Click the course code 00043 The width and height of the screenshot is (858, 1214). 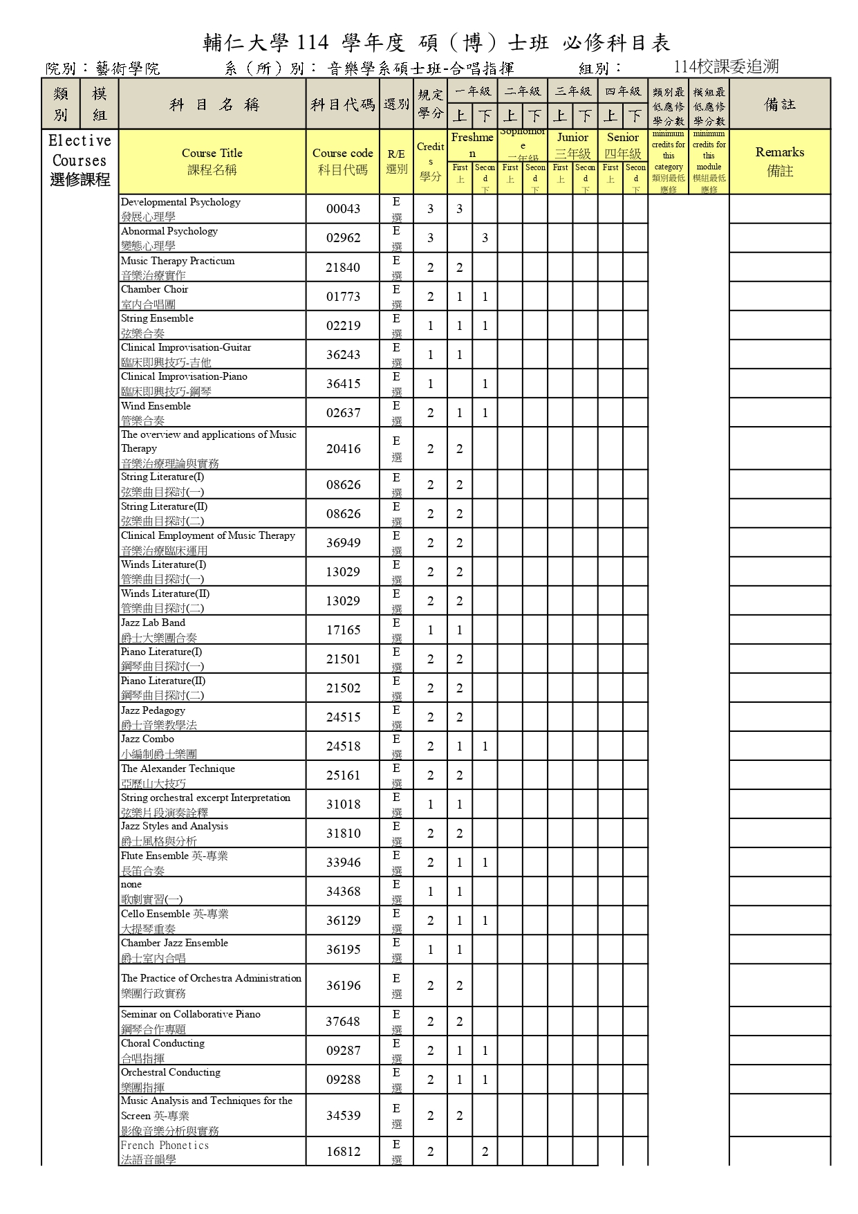coord(343,209)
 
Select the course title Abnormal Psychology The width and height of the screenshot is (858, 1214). coord(169,232)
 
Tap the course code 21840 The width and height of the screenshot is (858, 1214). coord(343,268)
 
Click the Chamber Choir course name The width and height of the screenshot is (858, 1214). coord(155,290)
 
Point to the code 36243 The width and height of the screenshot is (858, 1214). coord(343,355)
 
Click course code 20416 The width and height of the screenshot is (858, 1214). coord(343,449)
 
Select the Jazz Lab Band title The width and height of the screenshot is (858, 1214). coord(153,623)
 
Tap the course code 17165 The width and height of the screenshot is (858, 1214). coord(343,630)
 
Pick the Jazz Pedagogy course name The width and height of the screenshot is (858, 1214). coord(153,710)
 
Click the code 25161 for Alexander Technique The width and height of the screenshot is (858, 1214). coord(343,775)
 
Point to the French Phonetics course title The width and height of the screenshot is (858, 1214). coord(165,1146)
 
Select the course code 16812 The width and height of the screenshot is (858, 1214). coord(343,1152)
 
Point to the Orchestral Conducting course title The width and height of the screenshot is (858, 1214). coord(171,1072)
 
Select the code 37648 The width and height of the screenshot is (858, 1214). coord(343,1022)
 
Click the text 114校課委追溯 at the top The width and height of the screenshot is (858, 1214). coord(726,66)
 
